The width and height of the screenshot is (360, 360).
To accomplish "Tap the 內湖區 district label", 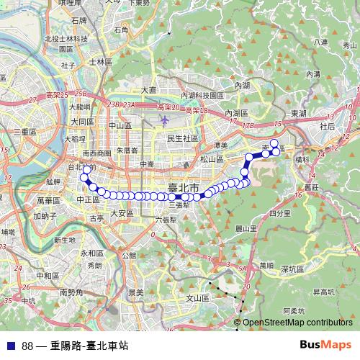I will tap(236, 114).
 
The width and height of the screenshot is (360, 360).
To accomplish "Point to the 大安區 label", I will tap(122, 213).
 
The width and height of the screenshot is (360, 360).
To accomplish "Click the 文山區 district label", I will tap(197, 297).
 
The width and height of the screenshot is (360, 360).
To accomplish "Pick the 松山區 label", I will tap(213, 159).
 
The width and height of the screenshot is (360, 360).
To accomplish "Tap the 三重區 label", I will tap(24, 132).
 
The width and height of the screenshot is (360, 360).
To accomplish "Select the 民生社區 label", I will tap(182, 138).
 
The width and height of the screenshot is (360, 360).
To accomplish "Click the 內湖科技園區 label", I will tap(203, 95).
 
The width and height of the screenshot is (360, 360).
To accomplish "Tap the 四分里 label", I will tap(279, 214).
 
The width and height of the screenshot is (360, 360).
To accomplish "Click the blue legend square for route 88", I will tap(9, 345).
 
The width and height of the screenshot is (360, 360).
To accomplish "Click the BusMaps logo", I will tap(325, 344).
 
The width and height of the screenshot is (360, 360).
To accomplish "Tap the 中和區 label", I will tap(48, 276).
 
